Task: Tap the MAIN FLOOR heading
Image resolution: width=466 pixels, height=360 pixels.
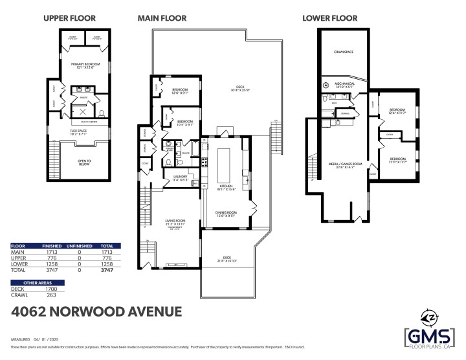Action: [x=162, y=18]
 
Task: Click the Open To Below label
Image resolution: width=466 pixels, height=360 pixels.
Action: [x=84, y=163]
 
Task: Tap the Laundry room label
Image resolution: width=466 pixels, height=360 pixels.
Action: [x=179, y=178]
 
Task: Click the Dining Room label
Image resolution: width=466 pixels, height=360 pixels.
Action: [x=226, y=214]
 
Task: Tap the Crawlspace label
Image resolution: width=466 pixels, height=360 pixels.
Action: [x=343, y=51]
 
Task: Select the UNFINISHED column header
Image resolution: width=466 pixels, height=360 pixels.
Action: [x=78, y=247]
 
